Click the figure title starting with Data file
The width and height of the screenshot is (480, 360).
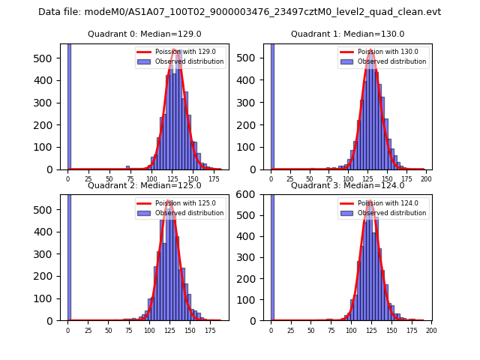point(239,12)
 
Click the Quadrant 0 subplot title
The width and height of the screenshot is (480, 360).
point(144,34)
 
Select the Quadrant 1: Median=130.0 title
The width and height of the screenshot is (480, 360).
point(347,34)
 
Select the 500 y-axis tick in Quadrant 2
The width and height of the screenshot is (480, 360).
point(48,211)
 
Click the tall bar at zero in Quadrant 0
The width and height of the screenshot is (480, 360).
point(69,105)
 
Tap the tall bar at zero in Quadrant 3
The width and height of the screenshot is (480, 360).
point(272,255)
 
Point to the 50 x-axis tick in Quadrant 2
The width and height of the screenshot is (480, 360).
point(109,331)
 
